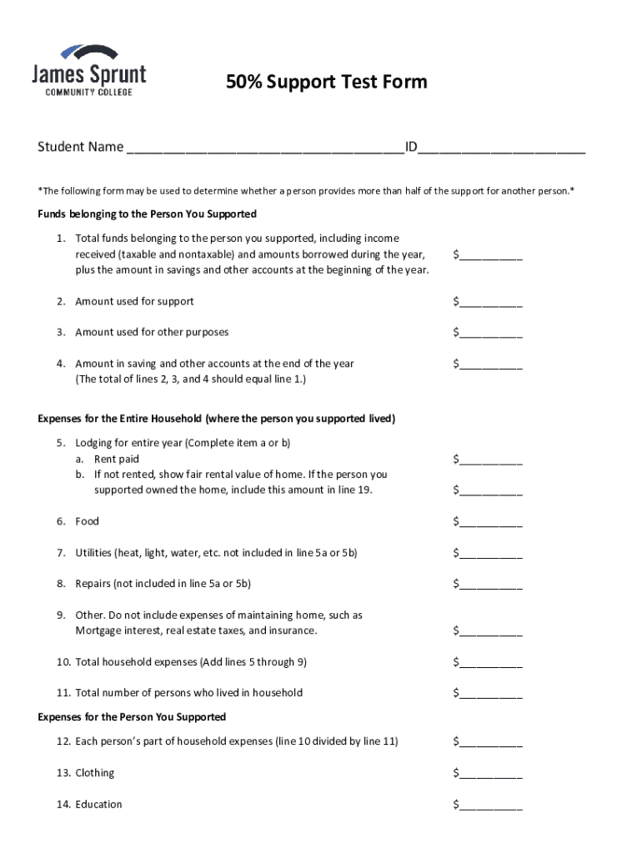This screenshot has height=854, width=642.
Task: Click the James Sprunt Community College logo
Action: [88, 70]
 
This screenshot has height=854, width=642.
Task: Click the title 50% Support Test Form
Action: [327, 82]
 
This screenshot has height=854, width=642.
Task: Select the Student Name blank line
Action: [265, 149]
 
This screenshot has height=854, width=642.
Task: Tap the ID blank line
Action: [502, 149]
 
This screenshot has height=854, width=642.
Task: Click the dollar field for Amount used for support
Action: [491, 303]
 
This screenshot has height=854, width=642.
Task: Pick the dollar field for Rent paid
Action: [491, 460]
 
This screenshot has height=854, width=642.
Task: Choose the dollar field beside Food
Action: [491, 522]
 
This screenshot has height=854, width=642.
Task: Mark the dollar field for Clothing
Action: [491, 773]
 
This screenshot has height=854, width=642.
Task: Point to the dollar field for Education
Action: [491, 805]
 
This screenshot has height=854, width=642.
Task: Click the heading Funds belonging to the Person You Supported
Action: [147, 214]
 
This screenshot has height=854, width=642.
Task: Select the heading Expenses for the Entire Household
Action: [217, 419]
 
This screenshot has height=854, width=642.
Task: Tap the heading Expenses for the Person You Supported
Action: [132, 717]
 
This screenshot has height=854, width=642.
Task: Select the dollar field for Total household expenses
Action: [491, 663]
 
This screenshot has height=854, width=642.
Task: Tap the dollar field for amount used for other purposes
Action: [491, 334]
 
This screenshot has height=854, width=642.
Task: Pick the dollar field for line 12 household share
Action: [491, 741]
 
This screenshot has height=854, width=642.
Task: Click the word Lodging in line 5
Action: [95, 443]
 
